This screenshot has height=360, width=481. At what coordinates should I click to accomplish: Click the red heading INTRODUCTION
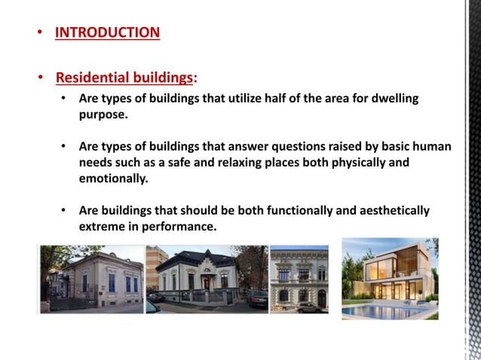(107, 32)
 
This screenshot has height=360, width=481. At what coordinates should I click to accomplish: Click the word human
(430, 147)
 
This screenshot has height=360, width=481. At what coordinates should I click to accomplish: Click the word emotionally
(113, 178)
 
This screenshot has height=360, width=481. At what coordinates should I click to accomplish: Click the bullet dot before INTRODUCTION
(40, 33)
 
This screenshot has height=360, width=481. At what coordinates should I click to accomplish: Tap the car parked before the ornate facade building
(308, 307)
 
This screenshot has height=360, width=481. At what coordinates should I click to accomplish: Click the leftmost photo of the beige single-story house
(91, 279)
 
